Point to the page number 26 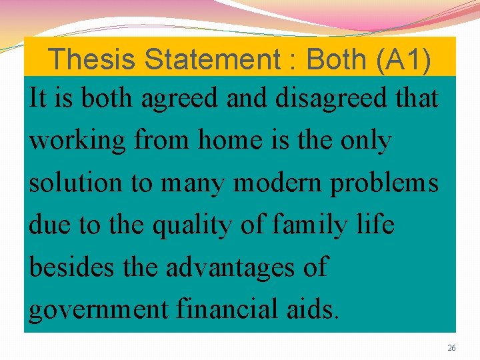(x=451, y=349)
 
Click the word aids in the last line (x=315, y=309)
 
